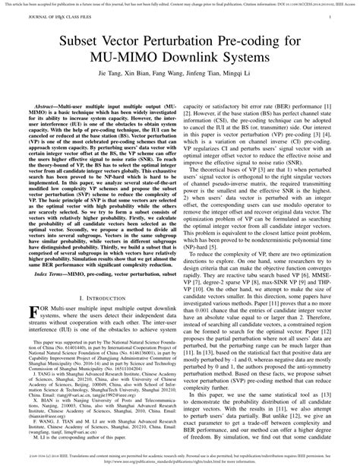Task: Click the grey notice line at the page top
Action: (x=180, y=4)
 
